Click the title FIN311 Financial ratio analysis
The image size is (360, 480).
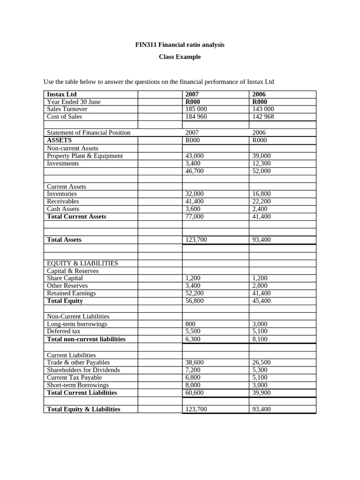180,45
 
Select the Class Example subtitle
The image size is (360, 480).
180,57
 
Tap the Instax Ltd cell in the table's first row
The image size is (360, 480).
62,94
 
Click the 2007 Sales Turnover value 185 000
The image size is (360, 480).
196,109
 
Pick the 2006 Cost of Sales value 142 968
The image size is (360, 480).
263,117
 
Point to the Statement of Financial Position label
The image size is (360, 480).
89,133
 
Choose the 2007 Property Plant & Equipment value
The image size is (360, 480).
195,156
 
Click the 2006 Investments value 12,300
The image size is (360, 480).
261,164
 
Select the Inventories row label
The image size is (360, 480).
62,194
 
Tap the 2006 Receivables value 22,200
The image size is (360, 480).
261,201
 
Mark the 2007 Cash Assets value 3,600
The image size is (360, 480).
193,209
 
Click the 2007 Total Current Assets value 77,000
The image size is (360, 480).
195,217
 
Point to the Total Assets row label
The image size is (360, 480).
64,240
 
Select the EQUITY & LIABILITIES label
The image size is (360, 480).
82,263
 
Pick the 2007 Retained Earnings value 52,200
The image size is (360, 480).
195,293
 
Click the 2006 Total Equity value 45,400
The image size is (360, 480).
261,301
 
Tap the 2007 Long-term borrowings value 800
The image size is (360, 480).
190,324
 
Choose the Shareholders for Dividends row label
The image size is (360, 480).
83,370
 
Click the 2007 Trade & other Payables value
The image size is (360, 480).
195,363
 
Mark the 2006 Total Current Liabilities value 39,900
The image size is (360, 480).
261,393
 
